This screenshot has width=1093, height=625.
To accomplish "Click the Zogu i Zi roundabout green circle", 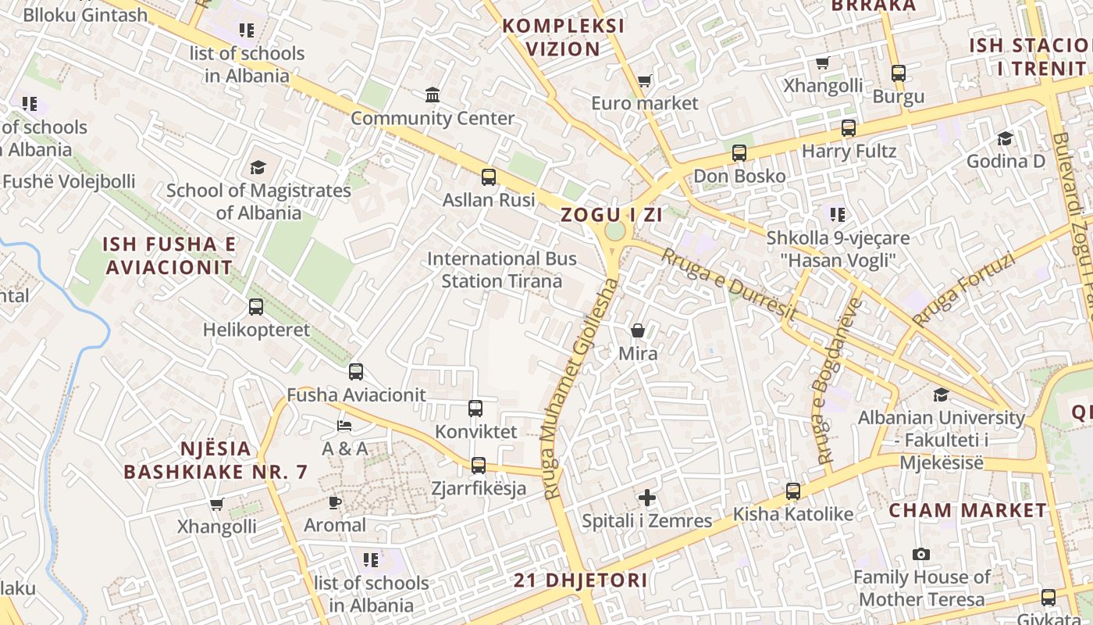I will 615,231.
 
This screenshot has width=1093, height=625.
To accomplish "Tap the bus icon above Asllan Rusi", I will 489,177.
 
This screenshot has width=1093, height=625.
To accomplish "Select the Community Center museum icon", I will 433,95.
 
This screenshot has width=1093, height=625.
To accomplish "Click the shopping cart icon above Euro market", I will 644,80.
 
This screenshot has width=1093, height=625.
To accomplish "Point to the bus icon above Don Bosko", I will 739,153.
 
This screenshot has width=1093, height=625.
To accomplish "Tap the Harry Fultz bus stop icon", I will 849,128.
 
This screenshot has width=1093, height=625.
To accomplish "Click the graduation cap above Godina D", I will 1005,138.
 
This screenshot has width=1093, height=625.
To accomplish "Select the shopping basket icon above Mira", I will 638,330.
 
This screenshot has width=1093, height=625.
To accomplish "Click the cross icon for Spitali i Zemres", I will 647,498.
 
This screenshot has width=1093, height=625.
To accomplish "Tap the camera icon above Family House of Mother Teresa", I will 921,555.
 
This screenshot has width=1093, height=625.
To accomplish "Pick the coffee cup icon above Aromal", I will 335,502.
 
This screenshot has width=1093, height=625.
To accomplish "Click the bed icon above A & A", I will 344,426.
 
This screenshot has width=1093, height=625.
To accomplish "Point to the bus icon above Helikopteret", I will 256,307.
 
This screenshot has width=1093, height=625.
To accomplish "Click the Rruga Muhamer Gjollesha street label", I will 579,388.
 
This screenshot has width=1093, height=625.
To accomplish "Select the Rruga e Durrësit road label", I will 728,284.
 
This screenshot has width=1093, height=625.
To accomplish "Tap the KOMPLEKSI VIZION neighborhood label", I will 563,37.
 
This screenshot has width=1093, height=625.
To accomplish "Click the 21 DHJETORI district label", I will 581,580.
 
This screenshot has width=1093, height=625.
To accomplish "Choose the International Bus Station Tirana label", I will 502,270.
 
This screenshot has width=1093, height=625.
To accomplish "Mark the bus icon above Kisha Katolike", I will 793,491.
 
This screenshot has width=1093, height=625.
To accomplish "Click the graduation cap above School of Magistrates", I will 258,167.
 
